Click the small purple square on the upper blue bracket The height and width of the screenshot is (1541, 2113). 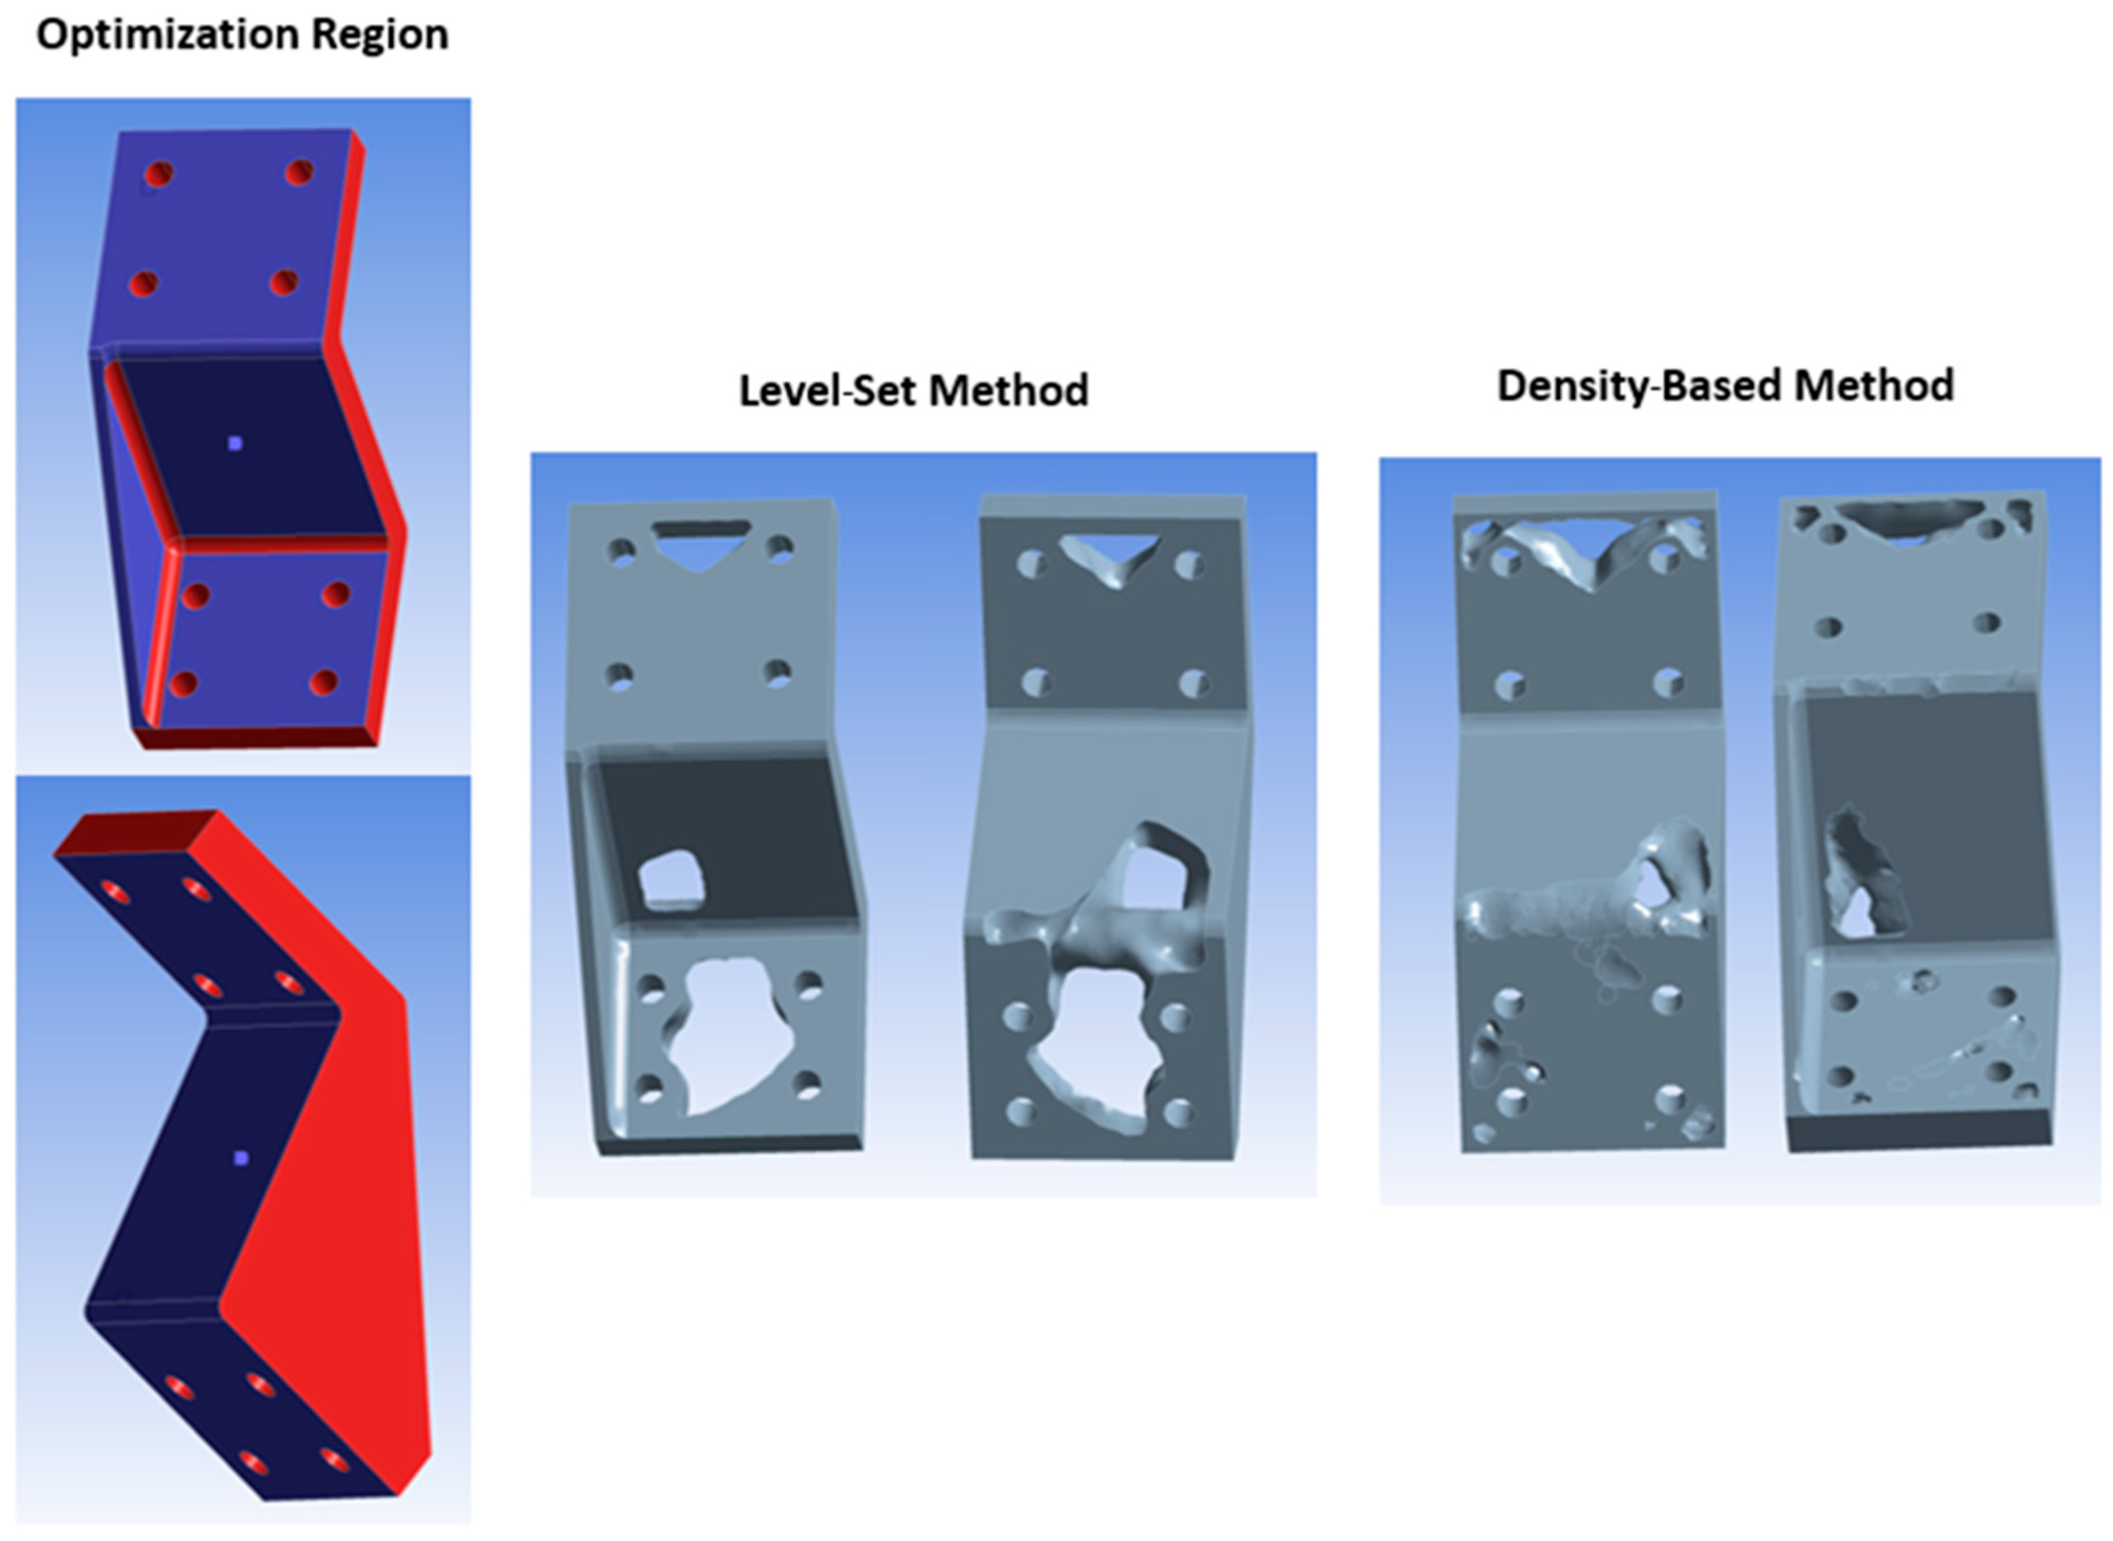point(235,443)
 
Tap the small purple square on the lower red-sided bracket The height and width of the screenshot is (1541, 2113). point(242,1158)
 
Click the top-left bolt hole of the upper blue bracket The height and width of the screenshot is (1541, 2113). point(158,173)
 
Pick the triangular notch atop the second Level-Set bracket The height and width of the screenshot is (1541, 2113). point(1109,556)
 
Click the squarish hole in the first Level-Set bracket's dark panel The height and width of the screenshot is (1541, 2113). point(670,879)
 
